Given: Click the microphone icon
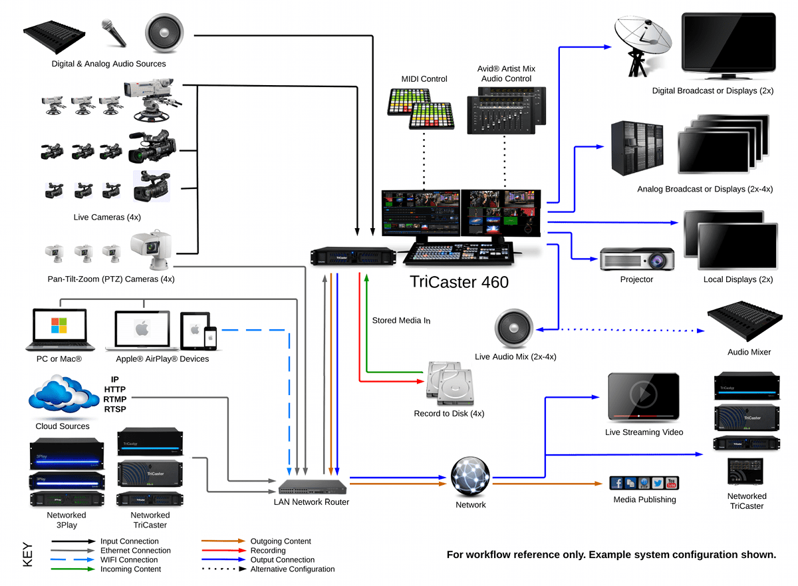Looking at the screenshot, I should (113, 33).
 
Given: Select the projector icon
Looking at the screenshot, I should (637, 259).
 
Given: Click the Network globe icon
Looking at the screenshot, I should (470, 476).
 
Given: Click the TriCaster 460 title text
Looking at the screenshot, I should (459, 282).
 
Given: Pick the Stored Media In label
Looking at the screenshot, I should (401, 321).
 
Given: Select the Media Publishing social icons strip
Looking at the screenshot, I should (644, 483).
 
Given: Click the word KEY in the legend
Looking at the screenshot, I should (28, 555).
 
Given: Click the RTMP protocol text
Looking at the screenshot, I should (115, 399).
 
